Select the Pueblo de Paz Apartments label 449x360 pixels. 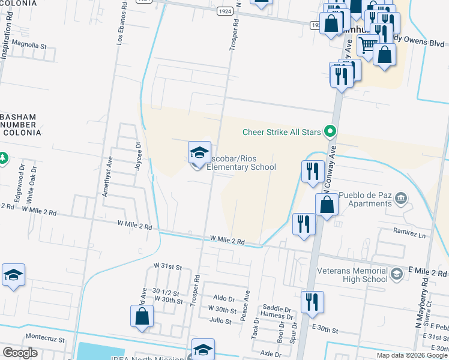pos(365,199)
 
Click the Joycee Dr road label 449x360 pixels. pos(138,157)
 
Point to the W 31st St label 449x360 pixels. pos(167,265)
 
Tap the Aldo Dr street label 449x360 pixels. pos(224,298)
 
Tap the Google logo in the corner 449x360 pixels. pos(20,353)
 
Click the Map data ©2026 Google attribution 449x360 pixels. pos(412,355)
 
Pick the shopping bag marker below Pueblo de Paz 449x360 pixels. pos(326,206)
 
